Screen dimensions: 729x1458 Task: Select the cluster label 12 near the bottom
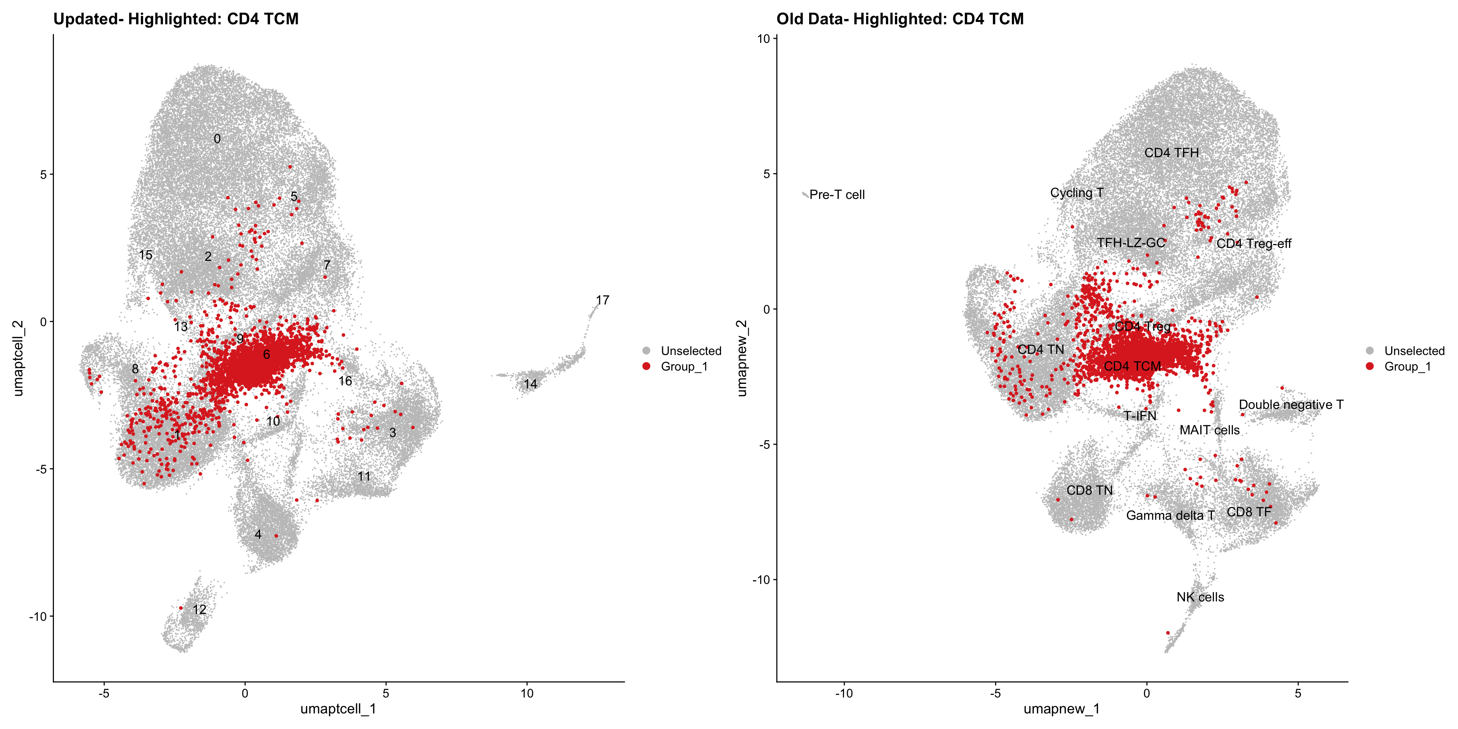coord(199,609)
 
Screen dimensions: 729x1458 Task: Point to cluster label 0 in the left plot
coord(217,139)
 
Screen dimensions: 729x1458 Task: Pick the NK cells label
coord(1200,597)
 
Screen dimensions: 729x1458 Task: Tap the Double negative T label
coord(1291,405)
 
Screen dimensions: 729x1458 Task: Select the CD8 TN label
coord(1089,490)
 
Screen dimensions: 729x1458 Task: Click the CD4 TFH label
coord(1171,153)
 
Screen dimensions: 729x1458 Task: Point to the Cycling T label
coord(1076,193)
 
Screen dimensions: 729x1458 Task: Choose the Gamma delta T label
coord(1170,516)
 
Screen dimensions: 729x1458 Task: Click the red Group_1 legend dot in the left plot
coord(646,366)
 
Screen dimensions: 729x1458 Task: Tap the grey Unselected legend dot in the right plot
coord(1370,351)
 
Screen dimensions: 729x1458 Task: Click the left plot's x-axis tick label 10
coord(527,693)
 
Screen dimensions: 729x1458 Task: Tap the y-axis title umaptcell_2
coord(18,358)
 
